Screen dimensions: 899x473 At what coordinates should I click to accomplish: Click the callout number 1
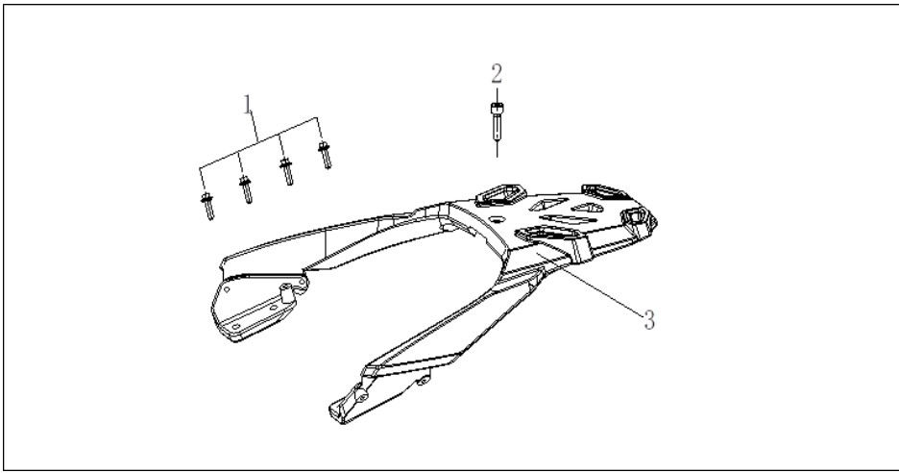[x=248, y=105]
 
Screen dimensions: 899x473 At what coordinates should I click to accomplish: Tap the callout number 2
[x=497, y=73]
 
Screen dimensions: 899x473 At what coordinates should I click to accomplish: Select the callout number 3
[x=649, y=320]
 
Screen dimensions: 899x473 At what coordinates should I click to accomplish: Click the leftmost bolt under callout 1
[x=207, y=206]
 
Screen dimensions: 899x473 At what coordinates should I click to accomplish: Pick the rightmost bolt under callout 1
[x=325, y=155]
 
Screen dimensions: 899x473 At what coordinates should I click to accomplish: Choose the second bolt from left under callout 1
[x=245, y=189]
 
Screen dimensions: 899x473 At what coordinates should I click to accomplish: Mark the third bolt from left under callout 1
[x=286, y=172]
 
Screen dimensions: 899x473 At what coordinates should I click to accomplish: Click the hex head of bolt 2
[x=497, y=108]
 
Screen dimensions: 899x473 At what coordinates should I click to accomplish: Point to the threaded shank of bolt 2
[x=497, y=126]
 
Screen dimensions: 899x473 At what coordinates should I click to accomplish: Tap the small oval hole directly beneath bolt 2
[x=498, y=218]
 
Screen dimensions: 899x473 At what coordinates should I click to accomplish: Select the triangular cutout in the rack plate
[x=548, y=204]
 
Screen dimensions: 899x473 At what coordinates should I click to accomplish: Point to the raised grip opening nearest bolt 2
[x=500, y=194]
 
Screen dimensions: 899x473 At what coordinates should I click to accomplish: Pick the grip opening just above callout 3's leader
[x=546, y=234]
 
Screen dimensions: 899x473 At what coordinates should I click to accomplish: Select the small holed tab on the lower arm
[x=424, y=380]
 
